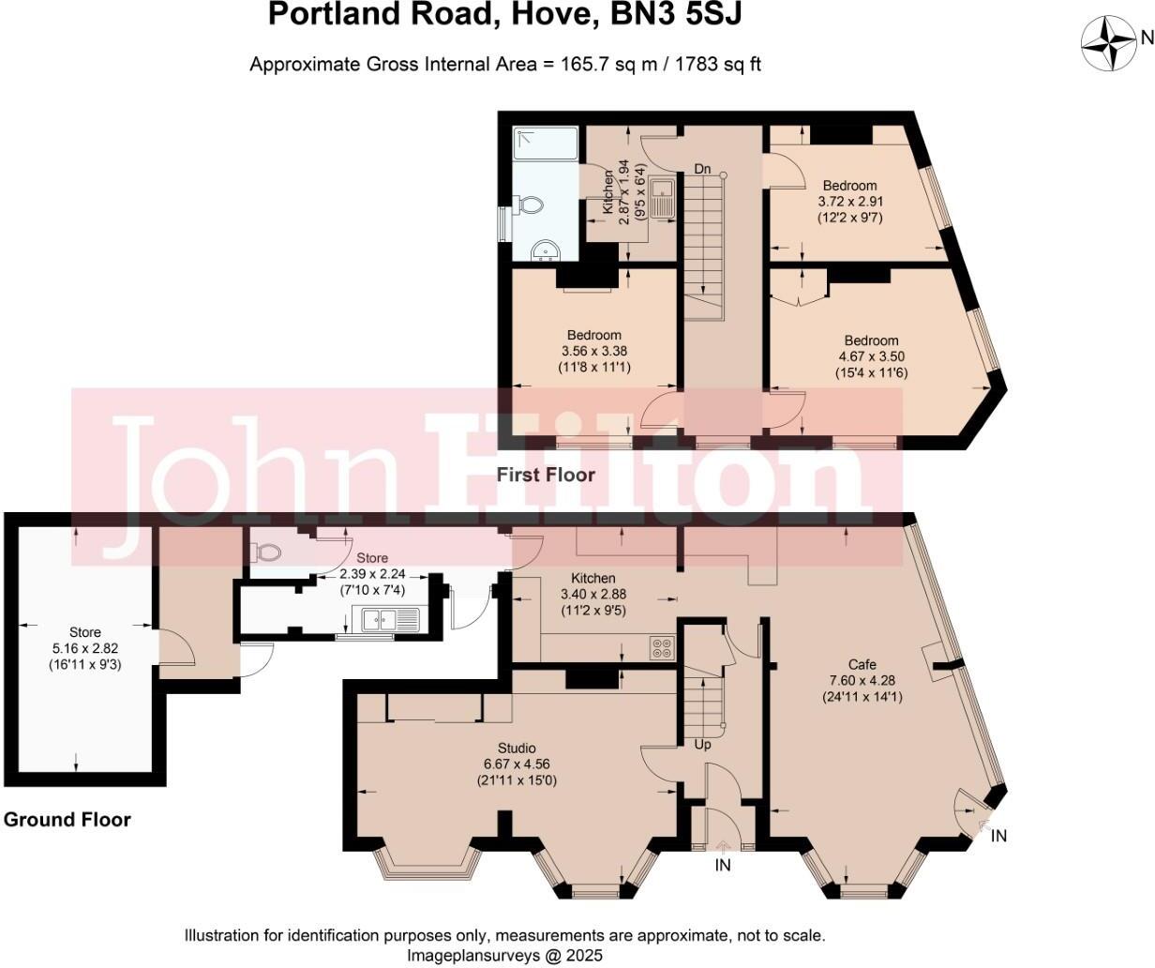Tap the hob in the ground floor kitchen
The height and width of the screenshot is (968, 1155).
(662, 647)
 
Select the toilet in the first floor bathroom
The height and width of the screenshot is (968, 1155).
(531, 204)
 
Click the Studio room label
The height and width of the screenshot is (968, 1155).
(516, 748)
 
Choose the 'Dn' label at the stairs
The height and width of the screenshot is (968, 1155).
(702, 170)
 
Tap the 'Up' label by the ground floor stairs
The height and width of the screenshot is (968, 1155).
(701, 745)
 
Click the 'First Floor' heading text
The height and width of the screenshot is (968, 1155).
(546, 475)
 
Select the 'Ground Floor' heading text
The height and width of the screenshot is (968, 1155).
(67, 819)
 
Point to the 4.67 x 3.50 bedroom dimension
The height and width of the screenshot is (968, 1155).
(871, 356)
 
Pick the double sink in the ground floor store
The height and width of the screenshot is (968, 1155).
(385, 618)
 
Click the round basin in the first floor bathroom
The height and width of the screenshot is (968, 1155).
(545, 250)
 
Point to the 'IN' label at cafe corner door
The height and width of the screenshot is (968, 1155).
(998, 835)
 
